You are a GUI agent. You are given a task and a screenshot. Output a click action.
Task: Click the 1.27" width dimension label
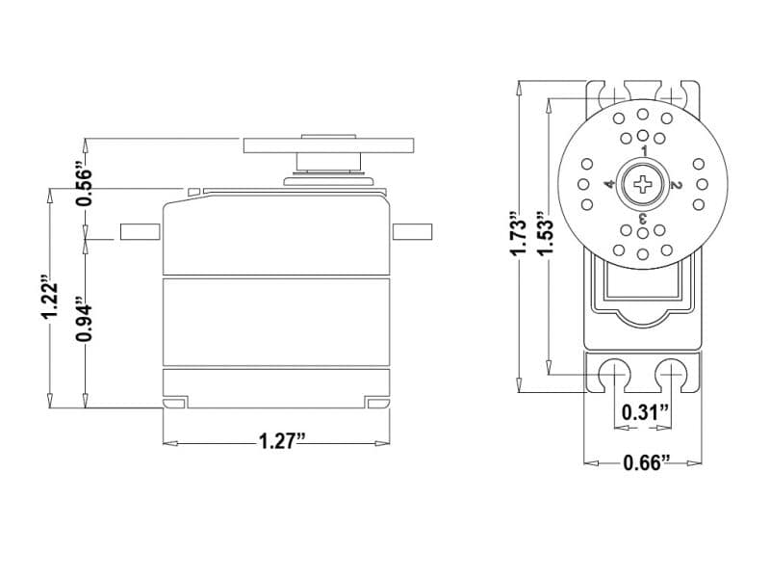(x=282, y=441)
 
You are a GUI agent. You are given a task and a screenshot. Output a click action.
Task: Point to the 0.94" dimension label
(x=84, y=320)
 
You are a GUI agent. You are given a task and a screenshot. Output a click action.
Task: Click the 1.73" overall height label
(x=519, y=234)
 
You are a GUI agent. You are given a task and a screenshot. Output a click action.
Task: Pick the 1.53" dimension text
(x=545, y=234)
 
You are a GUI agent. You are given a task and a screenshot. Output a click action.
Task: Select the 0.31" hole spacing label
(x=646, y=412)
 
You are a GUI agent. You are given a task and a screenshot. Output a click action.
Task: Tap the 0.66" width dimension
(x=646, y=462)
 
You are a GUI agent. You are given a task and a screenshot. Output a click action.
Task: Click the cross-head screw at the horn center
(x=642, y=185)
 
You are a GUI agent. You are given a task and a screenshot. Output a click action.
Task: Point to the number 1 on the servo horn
(x=645, y=150)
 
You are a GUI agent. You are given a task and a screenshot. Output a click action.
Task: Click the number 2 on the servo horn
(x=676, y=185)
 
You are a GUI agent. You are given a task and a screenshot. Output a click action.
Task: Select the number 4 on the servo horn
(x=609, y=185)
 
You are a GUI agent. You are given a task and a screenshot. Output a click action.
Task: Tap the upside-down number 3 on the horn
(x=642, y=218)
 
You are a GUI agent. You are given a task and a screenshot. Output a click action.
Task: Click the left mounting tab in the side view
(x=140, y=231)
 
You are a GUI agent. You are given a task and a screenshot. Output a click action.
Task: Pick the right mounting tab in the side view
(x=412, y=231)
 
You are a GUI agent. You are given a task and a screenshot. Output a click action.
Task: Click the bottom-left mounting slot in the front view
(x=614, y=374)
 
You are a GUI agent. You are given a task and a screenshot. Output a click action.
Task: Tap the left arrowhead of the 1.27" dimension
(x=170, y=444)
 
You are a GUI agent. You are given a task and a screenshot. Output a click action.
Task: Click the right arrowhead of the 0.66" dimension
(x=694, y=463)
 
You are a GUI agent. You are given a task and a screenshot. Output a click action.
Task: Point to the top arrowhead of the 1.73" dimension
(x=519, y=90)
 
